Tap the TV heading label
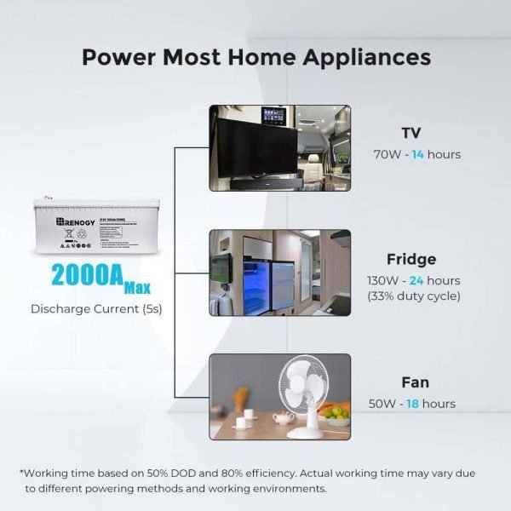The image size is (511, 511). (x=411, y=134)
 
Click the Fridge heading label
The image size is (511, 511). (x=411, y=260)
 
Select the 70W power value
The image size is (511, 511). (x=388, y=155)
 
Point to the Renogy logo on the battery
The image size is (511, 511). (x=79, y=222)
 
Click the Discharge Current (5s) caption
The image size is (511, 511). (x=96, y=308)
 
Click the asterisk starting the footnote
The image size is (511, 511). (x=22, y=474)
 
